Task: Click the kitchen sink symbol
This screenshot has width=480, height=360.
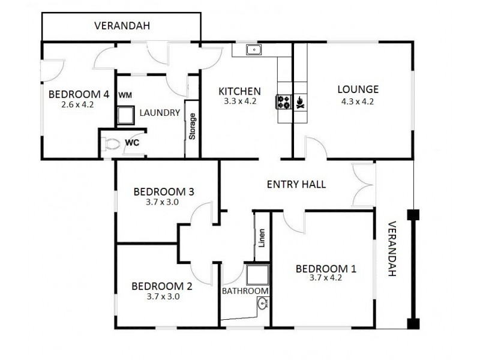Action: [254, 50]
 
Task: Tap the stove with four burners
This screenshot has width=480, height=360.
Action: [283, 103]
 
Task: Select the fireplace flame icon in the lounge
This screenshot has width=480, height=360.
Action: [300, 103]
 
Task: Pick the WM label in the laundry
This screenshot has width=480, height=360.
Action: [125, 95]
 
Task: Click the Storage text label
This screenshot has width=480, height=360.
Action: [193, 127]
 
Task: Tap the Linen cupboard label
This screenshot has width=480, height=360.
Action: [261, 238]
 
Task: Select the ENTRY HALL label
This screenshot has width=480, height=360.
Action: [296, 184]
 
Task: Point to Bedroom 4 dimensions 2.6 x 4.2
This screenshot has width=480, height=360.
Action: [78, 104]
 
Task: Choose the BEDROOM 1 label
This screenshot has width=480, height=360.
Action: [326, 268]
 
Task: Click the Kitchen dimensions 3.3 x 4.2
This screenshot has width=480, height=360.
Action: [239, 101]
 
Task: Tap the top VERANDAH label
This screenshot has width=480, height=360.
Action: [122, 26]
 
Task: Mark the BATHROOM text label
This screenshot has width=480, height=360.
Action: [245, 291]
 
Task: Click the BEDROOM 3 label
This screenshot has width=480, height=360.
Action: [163, 192]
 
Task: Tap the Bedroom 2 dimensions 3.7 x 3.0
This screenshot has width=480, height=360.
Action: [163, 296]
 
